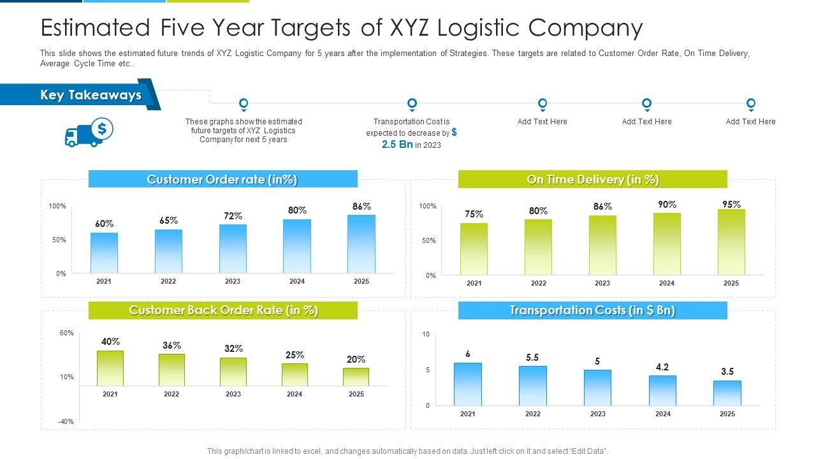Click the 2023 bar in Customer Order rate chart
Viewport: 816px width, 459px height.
[233, 249]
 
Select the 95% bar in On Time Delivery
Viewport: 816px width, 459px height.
[731, 242]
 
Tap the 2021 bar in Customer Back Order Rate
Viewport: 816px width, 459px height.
[110, 368]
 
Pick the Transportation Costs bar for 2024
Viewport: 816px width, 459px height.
[662, 390]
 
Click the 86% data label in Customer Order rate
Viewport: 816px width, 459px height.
[361, 207]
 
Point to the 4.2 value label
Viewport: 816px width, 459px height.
[662, 367]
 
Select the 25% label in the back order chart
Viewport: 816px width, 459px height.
[295, 355]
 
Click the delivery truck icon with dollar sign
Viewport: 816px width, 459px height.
[89, 133]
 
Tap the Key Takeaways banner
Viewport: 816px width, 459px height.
[91, 95]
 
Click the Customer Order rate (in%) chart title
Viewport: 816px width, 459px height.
[222, 179]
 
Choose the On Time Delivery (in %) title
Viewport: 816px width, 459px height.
[592, 179]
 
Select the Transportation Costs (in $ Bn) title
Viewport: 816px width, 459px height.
[592, 310]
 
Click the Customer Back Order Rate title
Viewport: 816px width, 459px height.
[222, 310]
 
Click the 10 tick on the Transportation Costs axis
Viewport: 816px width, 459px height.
[426, 334]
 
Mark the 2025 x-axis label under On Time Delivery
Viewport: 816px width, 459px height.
[731, 283]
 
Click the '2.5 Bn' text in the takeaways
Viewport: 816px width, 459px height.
[397, 145]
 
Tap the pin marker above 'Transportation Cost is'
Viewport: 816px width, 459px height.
[412, 104]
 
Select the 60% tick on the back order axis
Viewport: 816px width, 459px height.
[67, 333]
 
